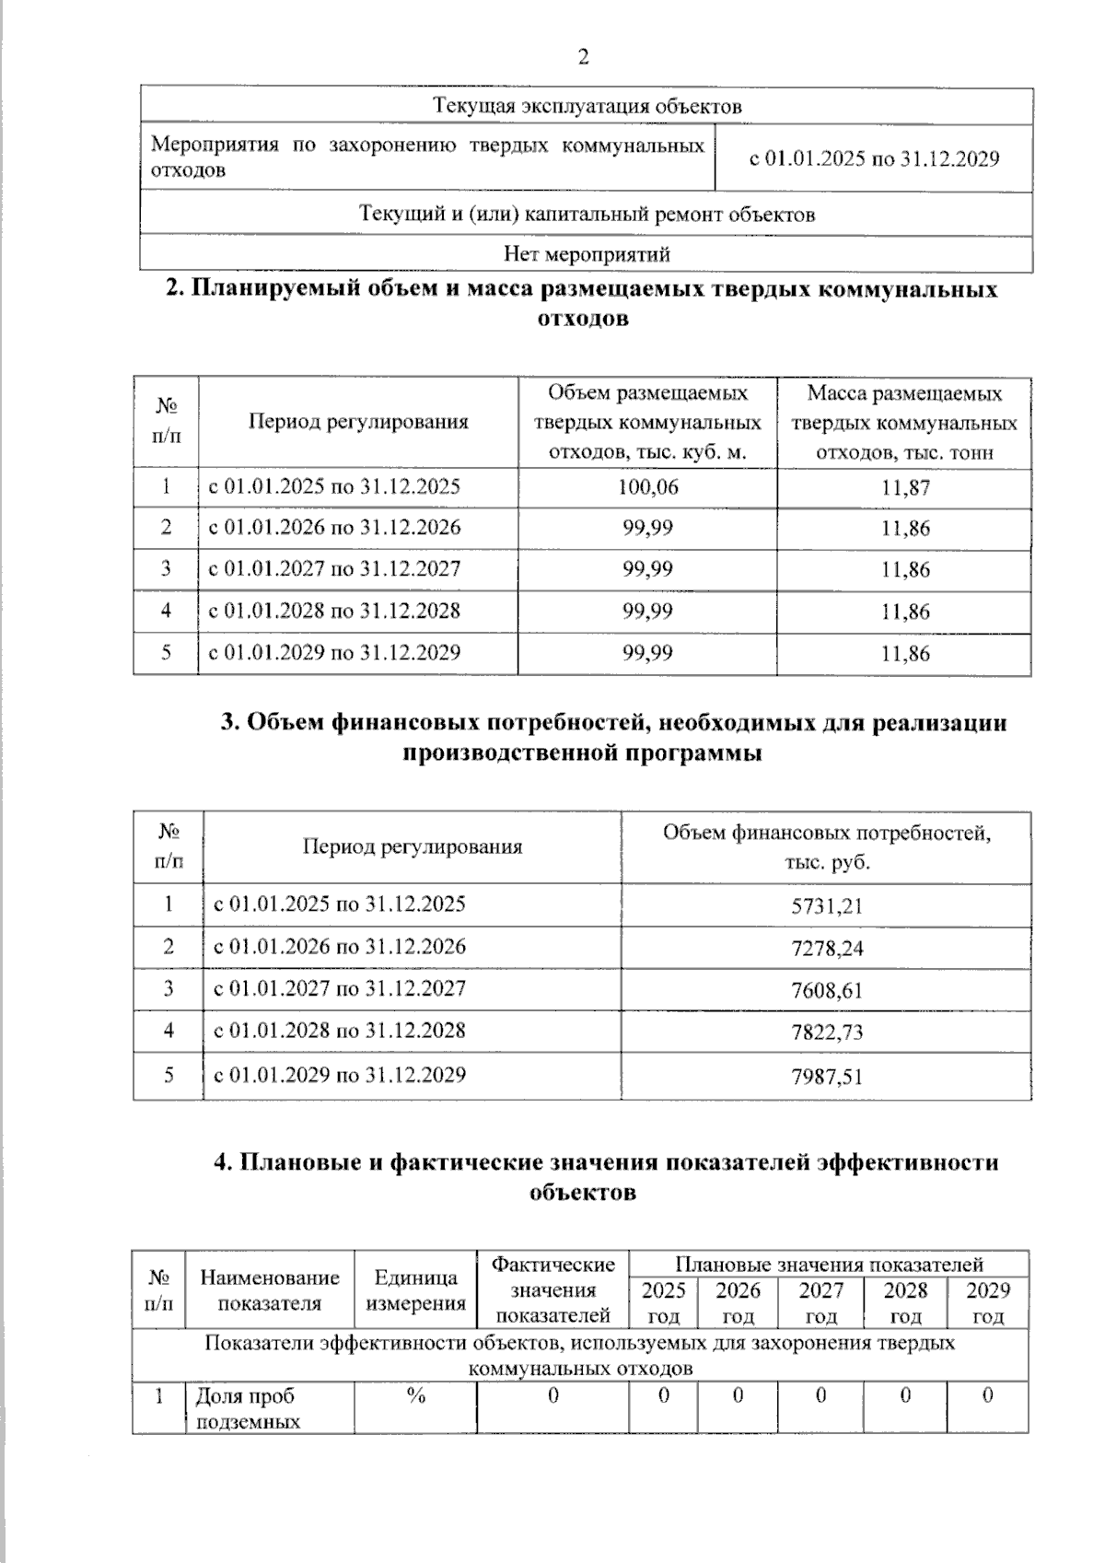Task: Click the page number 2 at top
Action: click(x=582, y=58)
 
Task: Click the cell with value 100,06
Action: click(x=647, y=487)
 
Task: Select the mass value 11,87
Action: click(x=905, y=488)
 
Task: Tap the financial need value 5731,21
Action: click(x=826, y=906)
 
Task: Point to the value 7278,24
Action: click(x=826, y=949)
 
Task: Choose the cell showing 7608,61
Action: click(x=826, y=991)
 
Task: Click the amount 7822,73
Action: click(x=826, y=1032)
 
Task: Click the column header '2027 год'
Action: click(x=820, y=1302)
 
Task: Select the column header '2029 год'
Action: click(x=987, y=1302)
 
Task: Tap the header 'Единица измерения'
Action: click(x=415, y=1289)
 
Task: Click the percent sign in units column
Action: click(x=415, y=1396)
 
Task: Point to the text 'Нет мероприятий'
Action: click(x=587, y=254)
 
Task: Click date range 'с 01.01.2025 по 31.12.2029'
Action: click(x=873, y=158)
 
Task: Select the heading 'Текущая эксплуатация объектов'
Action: click(x=587, y=107)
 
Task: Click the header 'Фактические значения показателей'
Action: click(x=552, y=1289)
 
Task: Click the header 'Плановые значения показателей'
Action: click(x=829, y=1264)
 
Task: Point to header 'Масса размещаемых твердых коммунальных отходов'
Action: click(x=903, y=423)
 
